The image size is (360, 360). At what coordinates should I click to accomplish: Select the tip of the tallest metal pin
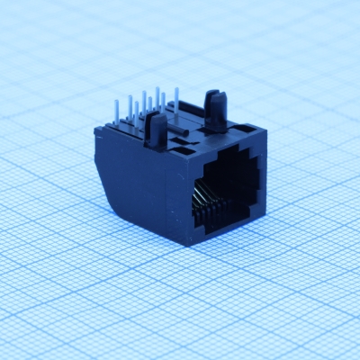[157, 90]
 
